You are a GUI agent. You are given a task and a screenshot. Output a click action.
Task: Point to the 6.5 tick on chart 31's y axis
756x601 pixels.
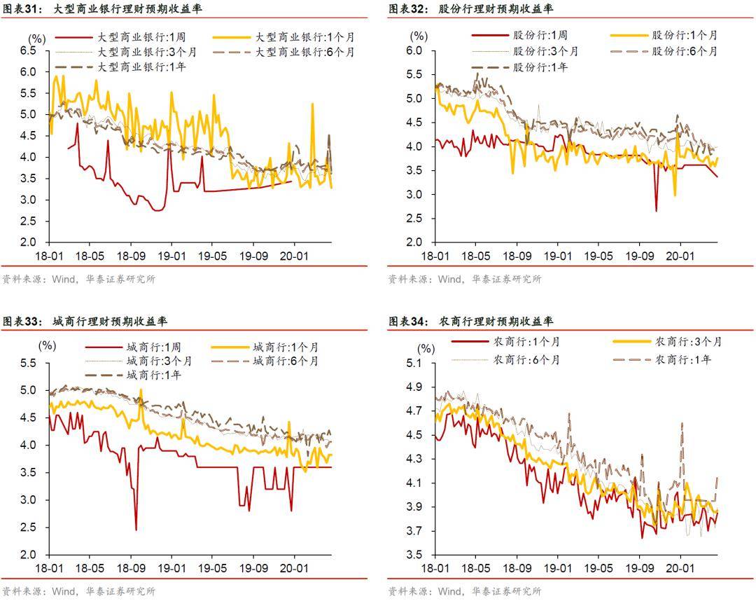(28, 51)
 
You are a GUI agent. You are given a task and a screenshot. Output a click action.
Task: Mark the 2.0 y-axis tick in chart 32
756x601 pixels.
(415, 242)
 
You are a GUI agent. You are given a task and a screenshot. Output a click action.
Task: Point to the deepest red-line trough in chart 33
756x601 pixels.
(136, 530)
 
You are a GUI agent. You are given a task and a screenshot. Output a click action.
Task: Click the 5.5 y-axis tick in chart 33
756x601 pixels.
(28, 363)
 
